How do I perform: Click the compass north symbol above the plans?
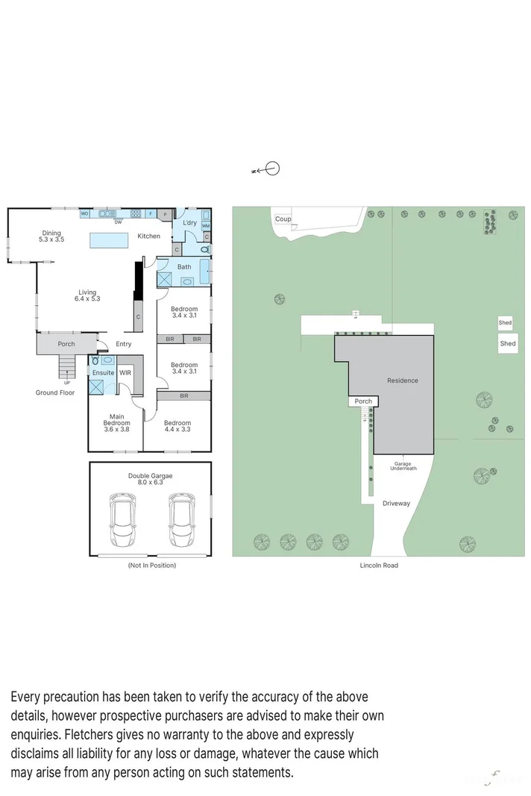pyautogui.click(x=272, y=169)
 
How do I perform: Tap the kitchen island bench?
pyautogui.click(x=110, y=240)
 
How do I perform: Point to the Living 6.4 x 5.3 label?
pyautogui.click(x=87, y=295)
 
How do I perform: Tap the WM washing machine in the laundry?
pyautogui.click(x=206, y=225)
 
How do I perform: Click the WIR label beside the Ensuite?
pyautogui.click(x=125, y=372)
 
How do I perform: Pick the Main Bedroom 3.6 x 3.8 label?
pyautogui.click(x=116, y=423)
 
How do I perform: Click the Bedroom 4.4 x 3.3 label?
pyautogui.click(x=177, y=426)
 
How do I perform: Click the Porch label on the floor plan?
pyautogui.click(x=66, y=344)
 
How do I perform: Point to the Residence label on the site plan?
pyautogui.click(x=402, y=380)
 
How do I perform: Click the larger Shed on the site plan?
pyautogui.click(x=508, y=344)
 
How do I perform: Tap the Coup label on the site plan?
pyautogui.click(x=283, y=219)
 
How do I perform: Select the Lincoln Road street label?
pyautogui.click(x=380, y=565)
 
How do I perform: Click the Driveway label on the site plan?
pyautogui.click(x=397, y=504)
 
